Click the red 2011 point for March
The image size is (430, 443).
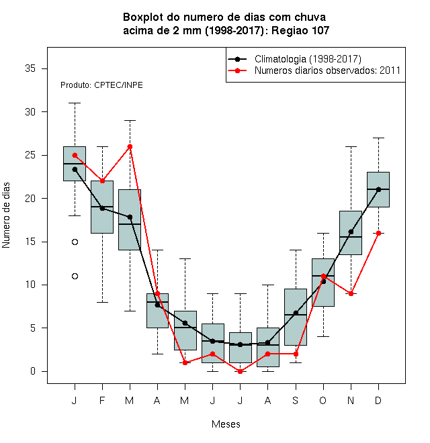pos(130,146)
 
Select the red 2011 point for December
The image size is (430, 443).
pos(378,234)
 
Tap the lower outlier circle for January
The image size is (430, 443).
pos(75,277)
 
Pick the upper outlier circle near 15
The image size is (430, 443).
pos(75,242)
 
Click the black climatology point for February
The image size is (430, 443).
pos(102,209)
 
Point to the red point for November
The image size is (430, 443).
pos(351,294)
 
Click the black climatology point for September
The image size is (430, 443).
pos(296,313)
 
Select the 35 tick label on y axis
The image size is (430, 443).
pos(30,68)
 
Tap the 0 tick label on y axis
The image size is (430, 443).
pos(33,371)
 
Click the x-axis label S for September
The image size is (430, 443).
pos(296,401)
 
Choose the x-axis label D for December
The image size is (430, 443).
pos(378,401)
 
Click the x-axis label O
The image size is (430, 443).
pos(322,401)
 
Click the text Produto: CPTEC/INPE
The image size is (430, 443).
pos(101,85)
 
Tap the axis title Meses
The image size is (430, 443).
pos(226,424)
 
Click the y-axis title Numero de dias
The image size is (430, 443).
pos(6,215)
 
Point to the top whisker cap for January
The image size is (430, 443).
pos(75,103)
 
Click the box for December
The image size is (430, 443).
pos(378,189)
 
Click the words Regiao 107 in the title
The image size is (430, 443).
pos(300,30)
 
